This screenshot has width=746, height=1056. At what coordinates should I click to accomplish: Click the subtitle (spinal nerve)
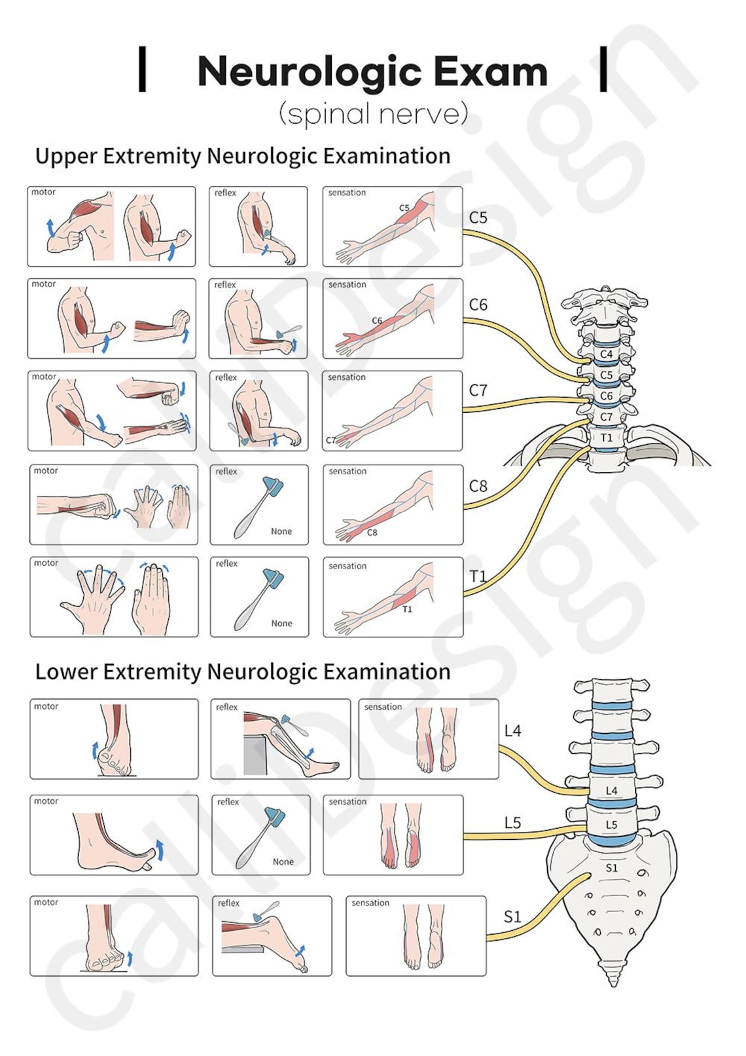tap(373, 113)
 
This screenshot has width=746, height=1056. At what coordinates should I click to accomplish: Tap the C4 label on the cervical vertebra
tap(607, 354)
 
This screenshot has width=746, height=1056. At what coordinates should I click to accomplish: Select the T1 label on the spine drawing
tap(607, 438)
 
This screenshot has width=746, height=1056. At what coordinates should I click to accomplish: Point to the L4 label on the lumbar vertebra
tap(611, 791)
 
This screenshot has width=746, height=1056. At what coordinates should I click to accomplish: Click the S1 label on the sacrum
tap(611, 868)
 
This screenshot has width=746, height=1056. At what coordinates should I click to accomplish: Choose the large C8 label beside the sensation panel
tap(478, 486)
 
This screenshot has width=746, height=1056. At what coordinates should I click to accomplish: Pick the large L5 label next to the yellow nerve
tap(512, 823)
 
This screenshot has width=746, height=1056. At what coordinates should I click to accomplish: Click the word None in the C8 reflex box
tap(281, 531)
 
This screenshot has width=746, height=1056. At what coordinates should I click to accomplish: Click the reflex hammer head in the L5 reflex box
tap(274, 817)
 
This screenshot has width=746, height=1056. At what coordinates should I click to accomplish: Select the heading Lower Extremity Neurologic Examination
tap(242, 671)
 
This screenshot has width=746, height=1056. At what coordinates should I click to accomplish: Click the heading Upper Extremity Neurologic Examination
tap(242, 156)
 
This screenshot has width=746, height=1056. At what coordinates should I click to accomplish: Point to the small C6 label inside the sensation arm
tap(377, 320)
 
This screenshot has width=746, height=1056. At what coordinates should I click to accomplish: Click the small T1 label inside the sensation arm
tap(407, 609)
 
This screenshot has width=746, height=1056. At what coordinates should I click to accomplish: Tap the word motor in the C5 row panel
tap(43, 192)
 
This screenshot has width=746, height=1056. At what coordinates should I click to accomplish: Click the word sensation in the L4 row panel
tap(383, 707)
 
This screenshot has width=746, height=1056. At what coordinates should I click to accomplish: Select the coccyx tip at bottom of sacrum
tap(613, 981)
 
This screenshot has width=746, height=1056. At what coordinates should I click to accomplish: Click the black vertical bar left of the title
tap(142, 69)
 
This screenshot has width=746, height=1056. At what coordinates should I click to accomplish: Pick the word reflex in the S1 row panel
tap(228, 903)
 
